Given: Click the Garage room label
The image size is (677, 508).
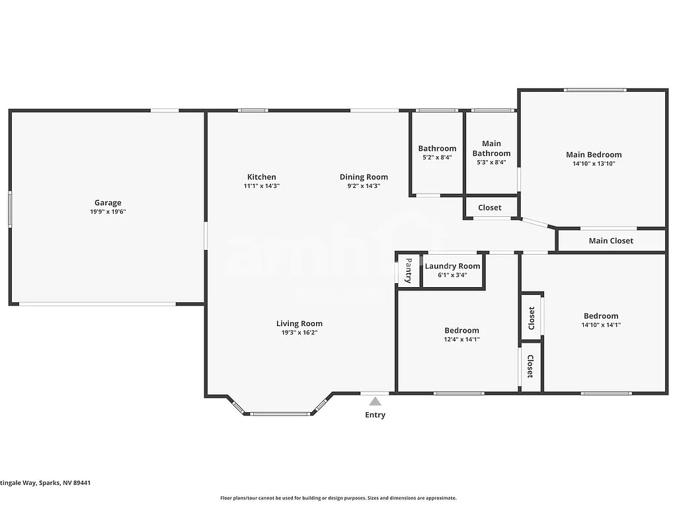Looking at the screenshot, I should [108, 203].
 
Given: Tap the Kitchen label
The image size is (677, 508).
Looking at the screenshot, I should [262, 177].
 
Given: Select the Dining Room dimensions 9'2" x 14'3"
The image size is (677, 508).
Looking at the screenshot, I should [364, 186].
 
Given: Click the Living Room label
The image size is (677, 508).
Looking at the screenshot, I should [299, 323].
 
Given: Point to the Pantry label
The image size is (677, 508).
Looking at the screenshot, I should [409, 270].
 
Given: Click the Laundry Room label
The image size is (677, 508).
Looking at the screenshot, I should [452, 266].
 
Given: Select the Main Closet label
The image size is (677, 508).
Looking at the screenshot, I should [611, 241].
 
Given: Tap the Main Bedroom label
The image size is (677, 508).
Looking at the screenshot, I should [594, 155].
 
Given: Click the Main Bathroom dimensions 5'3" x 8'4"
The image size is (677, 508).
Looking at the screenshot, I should [491, 163].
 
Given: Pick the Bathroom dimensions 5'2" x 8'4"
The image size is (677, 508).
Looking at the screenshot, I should [437, 157].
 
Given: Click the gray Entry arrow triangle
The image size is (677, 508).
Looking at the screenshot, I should [375, 401].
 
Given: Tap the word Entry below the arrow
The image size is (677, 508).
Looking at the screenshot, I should [375, 415].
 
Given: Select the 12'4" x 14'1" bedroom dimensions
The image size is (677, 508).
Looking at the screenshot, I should [461, 339].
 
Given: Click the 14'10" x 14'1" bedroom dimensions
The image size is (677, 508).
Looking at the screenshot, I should [601, 325].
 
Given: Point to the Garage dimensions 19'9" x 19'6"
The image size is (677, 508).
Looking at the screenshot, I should [108, 212].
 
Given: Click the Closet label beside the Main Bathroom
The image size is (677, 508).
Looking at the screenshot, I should [490, 208].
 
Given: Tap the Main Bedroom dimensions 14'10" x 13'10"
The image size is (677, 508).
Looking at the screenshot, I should [594, 163].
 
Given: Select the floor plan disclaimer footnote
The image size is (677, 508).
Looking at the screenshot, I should [338, 498].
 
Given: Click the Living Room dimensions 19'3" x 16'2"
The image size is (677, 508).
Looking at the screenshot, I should [299, 333].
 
